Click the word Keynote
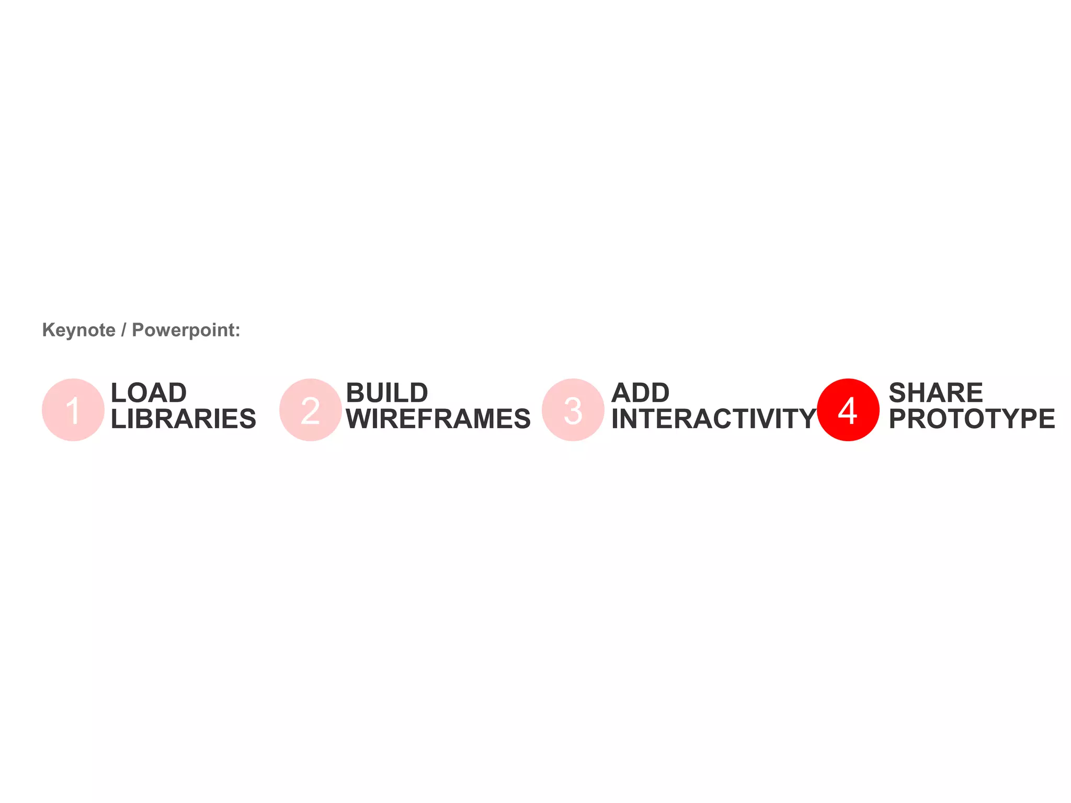(78, 330)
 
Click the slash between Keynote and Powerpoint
(123, 330)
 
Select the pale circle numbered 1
(73, 410)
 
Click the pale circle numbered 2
(311, 410)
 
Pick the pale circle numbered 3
(573, 410)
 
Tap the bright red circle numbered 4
(848, 410)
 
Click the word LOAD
(149, 393)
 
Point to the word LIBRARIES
(184, 419)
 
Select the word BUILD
(387, 393)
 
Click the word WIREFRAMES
(438, 419)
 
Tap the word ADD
(640, 393)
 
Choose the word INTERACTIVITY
(714, 419)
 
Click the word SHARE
(936, 393)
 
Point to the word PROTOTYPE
(972, 419)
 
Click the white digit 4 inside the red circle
(848, 411)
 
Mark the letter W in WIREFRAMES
(359, 419)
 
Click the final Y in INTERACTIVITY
(805, 419)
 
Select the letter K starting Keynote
(48, 330)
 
